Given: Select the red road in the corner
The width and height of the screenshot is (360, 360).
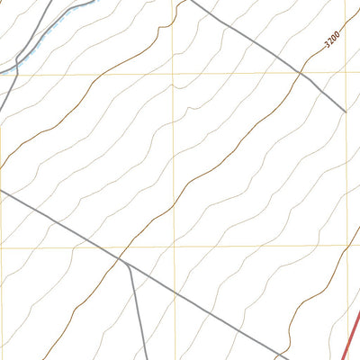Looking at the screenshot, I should [x=353, y=332].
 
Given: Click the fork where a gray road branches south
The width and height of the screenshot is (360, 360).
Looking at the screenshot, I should [x=126, y=264].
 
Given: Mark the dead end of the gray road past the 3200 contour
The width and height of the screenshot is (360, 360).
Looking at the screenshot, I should [x=346, y=112].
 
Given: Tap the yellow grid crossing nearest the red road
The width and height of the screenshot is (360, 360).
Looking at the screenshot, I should [x=346, y=245].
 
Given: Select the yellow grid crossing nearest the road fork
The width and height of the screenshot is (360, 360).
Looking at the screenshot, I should [x=173, y=245].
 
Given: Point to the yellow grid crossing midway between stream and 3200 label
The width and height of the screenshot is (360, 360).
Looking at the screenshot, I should [x=173, y=72].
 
